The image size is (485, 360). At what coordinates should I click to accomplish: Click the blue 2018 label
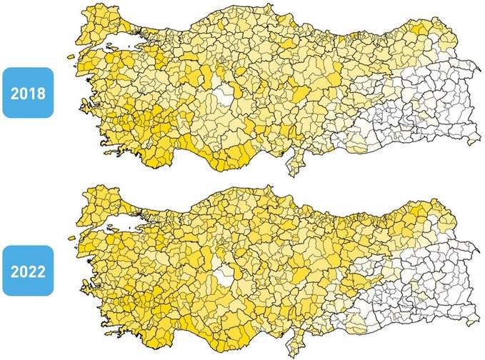point(27,92)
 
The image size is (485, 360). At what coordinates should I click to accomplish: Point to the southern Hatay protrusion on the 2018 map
point(291,167)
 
